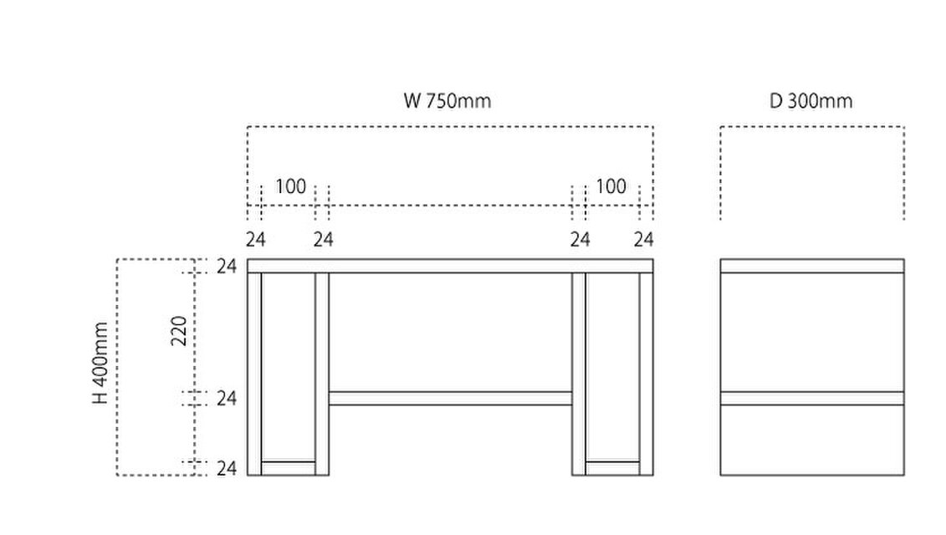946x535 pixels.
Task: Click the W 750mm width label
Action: [447, 100]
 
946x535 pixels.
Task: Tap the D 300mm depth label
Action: [810, 100]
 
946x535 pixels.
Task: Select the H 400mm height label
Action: [100, 363]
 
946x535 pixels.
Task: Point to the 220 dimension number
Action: [179, 330]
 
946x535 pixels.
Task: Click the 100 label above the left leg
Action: [291, 186]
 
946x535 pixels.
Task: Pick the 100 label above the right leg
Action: [611, 186]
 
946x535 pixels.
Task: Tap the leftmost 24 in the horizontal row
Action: [255, 239]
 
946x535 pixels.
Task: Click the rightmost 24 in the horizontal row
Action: [643, 239]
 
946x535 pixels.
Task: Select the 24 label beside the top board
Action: [227, 266]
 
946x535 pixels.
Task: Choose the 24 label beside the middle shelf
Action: [227, 398]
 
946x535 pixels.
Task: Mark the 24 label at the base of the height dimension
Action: [227, 468]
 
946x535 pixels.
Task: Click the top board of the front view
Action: [450, 266]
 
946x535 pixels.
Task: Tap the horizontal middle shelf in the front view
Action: [450, 398]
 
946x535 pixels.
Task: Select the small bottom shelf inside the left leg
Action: [289, 469]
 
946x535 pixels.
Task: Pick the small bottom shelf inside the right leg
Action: [612, 469]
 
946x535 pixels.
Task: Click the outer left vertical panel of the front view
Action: [254, 374]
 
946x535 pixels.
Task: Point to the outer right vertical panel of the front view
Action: [647, 374]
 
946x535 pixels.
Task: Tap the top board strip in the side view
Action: [812, 266]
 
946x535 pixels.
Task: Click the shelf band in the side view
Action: [812, 398]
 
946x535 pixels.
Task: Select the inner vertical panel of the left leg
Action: [322, 374]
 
